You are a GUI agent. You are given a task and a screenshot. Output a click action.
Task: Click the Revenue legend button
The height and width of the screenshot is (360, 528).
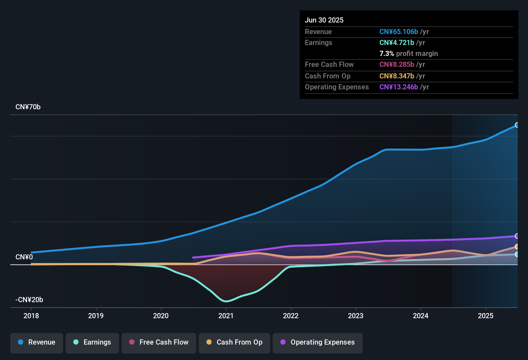tap(37, 342)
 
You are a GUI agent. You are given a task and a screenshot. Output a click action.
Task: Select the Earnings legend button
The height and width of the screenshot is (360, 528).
tap(92, 342)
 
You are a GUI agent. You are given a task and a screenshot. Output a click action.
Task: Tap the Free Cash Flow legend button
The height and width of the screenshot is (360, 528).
tap(159, 342)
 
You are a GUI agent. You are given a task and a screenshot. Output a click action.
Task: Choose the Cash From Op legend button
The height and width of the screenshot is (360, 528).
tap(234, 342)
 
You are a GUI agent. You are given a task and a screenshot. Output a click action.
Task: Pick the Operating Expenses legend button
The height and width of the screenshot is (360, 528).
tap(318, 342)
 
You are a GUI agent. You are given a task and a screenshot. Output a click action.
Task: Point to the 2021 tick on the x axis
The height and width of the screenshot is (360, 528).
tap(226, 316)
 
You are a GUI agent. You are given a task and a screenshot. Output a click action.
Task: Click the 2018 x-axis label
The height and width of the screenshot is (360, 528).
tap(31, 316)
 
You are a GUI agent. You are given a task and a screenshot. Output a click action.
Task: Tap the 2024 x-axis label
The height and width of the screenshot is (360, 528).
tap(421, 316)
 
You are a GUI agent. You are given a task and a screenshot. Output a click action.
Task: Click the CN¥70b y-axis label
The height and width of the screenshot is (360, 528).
tap(28, 107)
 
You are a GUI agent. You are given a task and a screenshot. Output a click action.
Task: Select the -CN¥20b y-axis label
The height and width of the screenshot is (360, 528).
tap(29, 300)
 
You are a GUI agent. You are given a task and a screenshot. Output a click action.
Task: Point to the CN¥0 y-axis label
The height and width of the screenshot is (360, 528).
tap(24, 257)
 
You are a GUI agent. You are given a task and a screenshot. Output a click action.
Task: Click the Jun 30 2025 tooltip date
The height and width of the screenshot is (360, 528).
tap(324, 20)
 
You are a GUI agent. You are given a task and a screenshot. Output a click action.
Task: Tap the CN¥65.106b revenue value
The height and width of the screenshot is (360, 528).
tap(398, 32)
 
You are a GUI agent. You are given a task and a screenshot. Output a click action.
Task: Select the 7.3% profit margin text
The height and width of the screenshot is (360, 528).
tap(408, 54)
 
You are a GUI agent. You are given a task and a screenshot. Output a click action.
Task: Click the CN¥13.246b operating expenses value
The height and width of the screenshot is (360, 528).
tap(398, 87)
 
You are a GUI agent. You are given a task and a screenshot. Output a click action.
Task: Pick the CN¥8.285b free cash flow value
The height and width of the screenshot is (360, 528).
tap(396, 65)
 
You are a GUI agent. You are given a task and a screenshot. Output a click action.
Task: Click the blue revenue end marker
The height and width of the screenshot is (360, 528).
tap(517, 125)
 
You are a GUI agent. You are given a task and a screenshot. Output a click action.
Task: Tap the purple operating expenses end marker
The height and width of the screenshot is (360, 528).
tap(517, 236)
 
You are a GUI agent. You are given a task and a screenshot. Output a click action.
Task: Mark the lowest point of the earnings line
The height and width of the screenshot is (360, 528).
tap(226, 301)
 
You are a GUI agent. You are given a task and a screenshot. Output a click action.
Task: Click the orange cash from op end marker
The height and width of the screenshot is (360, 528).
tap(517, 247)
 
